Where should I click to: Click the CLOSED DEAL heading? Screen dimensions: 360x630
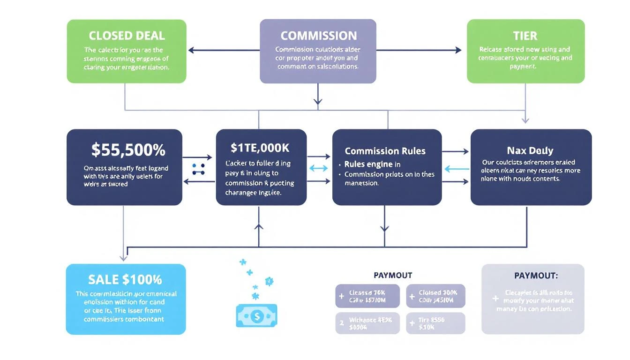coord(127,36)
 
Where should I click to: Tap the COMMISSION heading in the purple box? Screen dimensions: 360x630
coord(318,36)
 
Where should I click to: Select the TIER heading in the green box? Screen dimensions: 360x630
coord(525,36)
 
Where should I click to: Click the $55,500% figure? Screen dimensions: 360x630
coord(128,150)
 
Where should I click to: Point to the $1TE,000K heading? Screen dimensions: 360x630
coord(260,148)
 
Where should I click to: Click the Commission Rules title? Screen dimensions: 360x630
coord(385,151)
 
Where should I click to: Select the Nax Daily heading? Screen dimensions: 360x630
coord(530,151)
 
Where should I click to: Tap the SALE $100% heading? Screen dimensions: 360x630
coord(125,280)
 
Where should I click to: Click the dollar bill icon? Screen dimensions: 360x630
coord(256,316)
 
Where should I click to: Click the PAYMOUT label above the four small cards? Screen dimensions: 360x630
coord(392,275)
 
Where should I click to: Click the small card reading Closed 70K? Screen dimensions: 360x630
coord(367,296)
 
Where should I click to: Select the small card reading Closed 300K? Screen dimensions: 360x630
coord(435,296)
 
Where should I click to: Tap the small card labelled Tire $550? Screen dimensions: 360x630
coord(435,323)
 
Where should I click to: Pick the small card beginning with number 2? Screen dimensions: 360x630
coord(367,323)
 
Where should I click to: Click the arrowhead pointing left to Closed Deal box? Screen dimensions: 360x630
coord(191,50)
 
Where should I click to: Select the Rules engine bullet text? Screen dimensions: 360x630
coord(372,164)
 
